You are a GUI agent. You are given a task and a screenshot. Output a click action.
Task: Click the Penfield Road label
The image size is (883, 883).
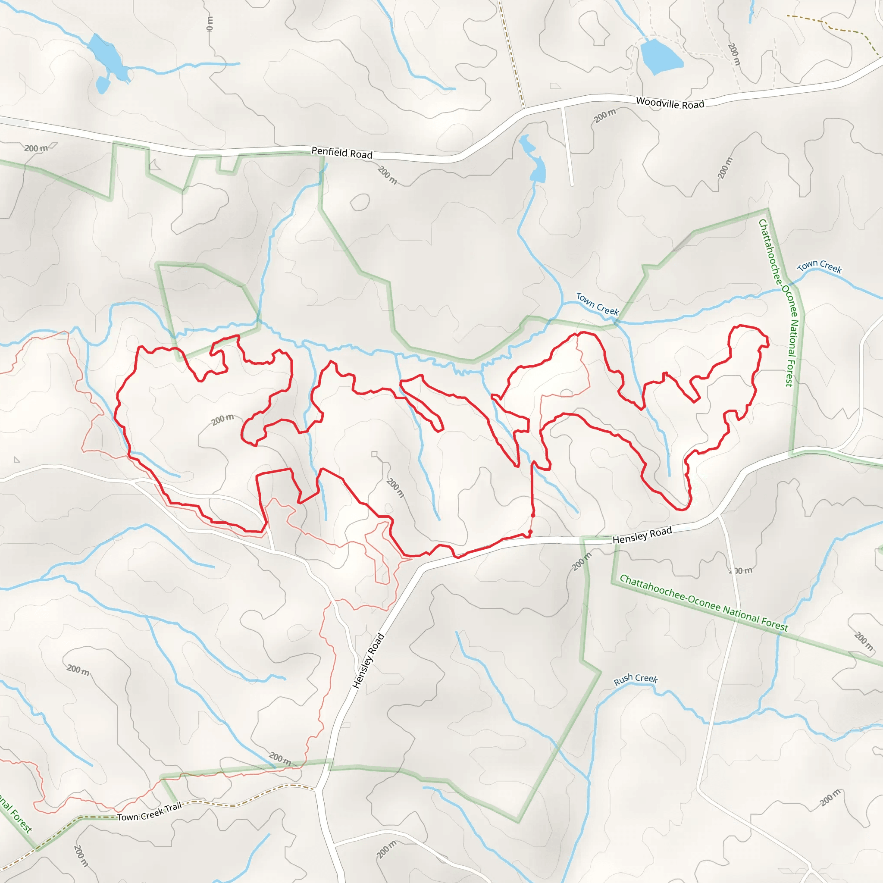(342, 153)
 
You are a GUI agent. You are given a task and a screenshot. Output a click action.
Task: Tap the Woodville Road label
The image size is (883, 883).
(670, 103)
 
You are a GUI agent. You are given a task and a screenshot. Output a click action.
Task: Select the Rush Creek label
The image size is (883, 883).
(635, 679)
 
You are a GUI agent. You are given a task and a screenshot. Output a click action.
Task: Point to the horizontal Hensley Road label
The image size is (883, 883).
(642, 535)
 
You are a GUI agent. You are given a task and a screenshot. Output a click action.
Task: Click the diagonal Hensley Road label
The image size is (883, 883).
(369, 661)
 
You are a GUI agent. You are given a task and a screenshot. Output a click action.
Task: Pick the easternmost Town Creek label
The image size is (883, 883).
(820, 266)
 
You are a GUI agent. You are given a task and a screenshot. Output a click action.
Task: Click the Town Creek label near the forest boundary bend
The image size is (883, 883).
(597, 304)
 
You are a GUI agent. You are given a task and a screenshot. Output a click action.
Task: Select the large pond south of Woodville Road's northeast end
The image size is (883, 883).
(661, 56)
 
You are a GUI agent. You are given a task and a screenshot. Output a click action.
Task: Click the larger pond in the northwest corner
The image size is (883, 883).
(106, 56)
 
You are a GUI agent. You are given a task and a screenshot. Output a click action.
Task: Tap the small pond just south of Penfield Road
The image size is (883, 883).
(538, 170)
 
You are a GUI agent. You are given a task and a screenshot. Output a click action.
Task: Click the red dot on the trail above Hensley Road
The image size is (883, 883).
(533, 516)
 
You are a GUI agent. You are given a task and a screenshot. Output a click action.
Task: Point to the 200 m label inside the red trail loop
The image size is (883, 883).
(222, 419)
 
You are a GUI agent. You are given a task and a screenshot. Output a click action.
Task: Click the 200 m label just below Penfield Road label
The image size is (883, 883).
(387, 175)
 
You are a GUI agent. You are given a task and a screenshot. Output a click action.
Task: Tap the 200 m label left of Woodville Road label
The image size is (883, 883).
(604, 116)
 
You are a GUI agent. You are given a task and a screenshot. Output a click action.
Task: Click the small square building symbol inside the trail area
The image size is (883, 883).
(374, 454)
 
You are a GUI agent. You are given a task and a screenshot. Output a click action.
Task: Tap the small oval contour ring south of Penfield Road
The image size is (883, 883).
(360, 202)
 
